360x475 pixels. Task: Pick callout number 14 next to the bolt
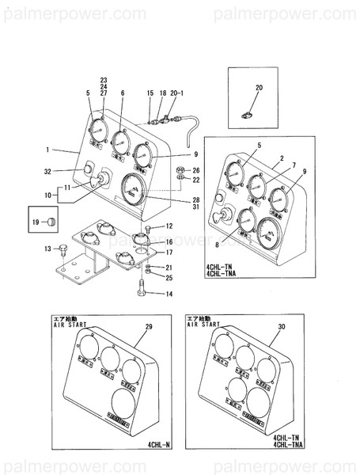pos(169,294)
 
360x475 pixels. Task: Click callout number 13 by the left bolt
pos(47,249)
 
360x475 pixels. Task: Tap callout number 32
pos(47,171)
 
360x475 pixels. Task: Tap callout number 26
pos(196,170)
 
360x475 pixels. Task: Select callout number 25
pos(169,278)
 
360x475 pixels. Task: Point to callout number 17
pos(169,253)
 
